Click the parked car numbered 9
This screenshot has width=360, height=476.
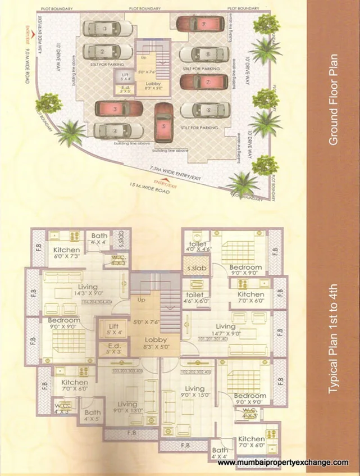(200, 24)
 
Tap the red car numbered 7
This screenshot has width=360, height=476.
(204, 82)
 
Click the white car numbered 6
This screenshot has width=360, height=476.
(204, 110)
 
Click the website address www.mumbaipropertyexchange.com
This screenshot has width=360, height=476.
(282, 462)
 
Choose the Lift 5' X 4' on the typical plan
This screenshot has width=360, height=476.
(113, 329)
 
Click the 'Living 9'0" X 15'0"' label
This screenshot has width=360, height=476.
(194, 392)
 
